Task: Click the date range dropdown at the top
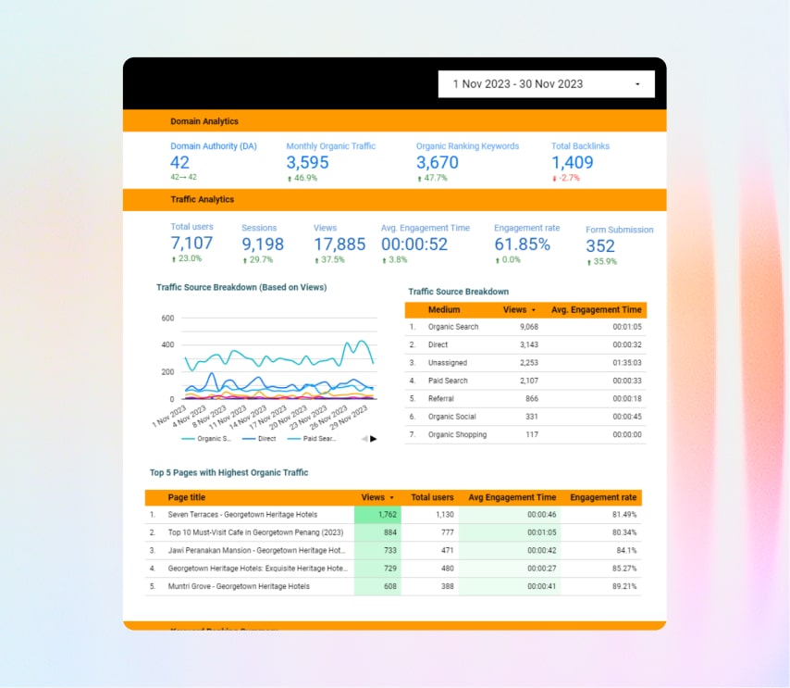pos(546,84)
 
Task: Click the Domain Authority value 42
pos(179,163)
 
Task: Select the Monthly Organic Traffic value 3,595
pos(307,163)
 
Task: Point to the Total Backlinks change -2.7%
pos(566,178)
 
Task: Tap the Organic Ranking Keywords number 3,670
pos(437,163)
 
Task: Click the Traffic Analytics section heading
pos(202,199)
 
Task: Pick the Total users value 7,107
pos(191,244)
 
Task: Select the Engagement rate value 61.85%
pos(522,244)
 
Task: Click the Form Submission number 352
pos(600,246)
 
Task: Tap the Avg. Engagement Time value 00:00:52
pos(414,244)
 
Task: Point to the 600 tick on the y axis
pos(167,318)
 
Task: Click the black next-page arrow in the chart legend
pos(374,439)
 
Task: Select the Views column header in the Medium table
pos(515,310)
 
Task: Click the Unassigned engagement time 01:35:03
pos(625,362)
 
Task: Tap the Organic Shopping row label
pos(457,434)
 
